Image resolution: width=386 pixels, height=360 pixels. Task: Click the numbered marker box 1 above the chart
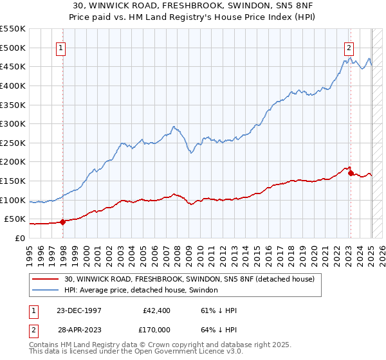click(60, 47)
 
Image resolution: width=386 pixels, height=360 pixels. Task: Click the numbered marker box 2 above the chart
click(348, 47)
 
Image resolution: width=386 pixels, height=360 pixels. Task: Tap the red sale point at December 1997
click(62, 222)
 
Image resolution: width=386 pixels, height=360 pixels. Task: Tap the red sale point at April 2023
click(350, 173)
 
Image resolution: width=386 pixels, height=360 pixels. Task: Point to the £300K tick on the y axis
click(13, 123)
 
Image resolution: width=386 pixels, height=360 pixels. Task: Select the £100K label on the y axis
click(13, 200)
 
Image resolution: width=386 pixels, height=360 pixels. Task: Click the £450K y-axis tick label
click(13, 66)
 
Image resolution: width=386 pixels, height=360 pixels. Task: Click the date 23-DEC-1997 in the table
click(78, 309)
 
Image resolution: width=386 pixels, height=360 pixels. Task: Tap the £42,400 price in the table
click(156, 309)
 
